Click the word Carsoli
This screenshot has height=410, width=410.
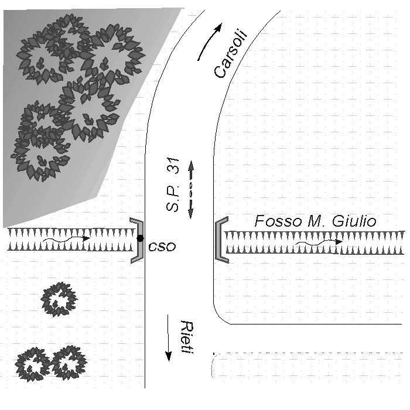[x=230, y=54]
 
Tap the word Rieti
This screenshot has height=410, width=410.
[x=187, y=337]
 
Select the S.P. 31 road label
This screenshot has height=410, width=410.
[x=173, y=184]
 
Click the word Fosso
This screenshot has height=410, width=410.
[x=278, y=221]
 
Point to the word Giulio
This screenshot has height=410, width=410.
[x=354, y=221]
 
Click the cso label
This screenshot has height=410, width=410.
[x=162, y=247]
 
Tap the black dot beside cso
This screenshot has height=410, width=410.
[x=141, y=238]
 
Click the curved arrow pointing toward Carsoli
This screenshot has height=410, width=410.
[x=210, y=42]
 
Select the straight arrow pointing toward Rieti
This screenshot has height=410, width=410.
[x=169, y=338]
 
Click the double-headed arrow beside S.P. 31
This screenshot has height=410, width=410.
[x=191, y=190]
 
